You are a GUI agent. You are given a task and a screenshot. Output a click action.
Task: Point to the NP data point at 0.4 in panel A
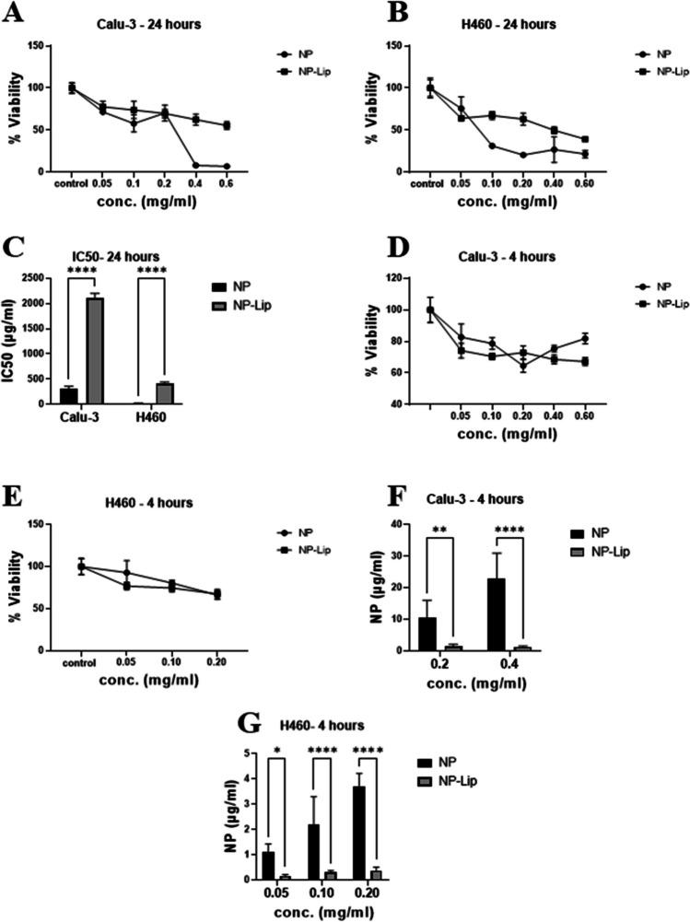(194, 165)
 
